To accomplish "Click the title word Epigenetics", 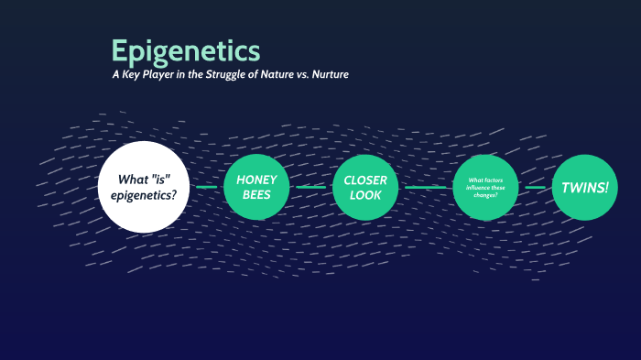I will (185, 50).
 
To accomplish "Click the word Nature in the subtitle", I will (275, 74).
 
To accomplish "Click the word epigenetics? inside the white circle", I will (148, 196).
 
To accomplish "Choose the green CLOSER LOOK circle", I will (365, 187).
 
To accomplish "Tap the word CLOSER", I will (365, 179).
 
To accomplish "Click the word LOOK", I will (365, 196).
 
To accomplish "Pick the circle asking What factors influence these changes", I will (486, 187).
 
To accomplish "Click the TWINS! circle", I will (584, 187).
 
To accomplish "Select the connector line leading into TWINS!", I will (536, 187).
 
